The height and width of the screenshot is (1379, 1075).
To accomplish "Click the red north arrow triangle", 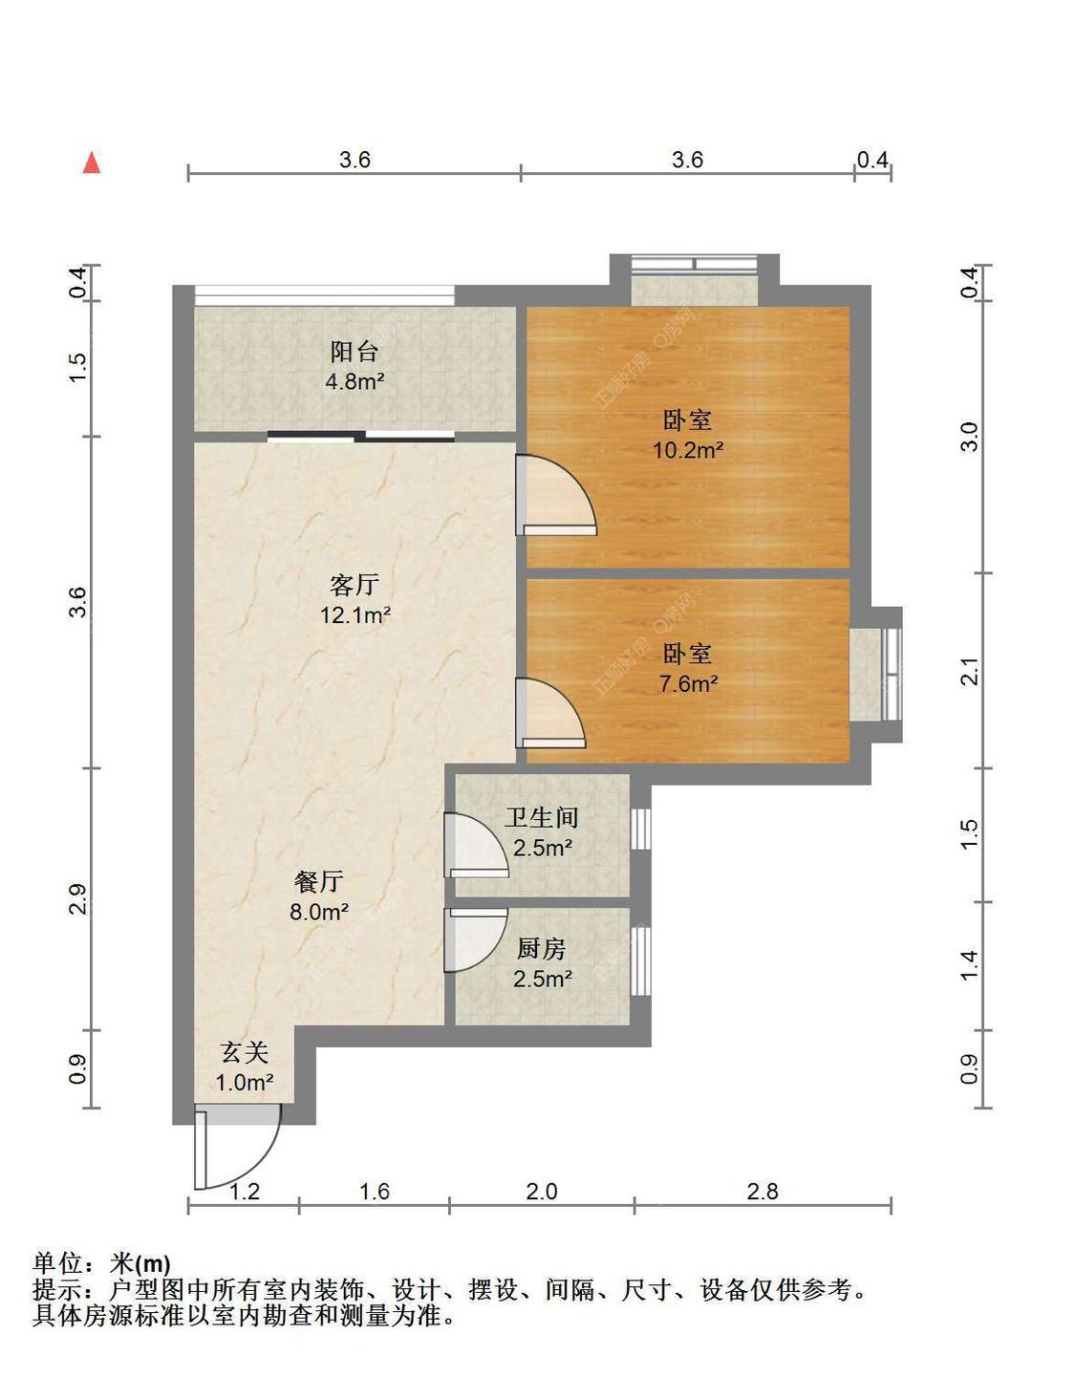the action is (x=92, y=162).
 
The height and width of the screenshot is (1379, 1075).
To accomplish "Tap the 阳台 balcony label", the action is (x=355, y=352).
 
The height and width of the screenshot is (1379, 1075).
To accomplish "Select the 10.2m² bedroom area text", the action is (x=689, y=450).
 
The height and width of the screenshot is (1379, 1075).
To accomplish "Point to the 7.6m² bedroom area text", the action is (x=689, y=684).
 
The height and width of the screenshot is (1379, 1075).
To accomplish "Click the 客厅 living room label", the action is (x=355, y=585).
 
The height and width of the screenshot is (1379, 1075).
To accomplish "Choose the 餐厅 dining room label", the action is (x=318, y=881).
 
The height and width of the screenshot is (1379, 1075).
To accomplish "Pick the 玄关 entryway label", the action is (x=245, y=1053).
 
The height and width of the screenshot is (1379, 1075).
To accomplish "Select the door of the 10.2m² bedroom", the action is (x=556, y=495).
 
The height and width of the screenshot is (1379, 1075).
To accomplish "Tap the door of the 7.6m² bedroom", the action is (x=549, y=713).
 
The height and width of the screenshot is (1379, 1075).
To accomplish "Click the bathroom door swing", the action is (x=476, y=845).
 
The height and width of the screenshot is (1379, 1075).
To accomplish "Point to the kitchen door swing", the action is (x=476, y=939).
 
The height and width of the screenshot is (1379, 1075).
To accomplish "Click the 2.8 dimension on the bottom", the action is (x=763, y=1192).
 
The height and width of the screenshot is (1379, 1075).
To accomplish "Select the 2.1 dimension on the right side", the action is (x=970, y=671).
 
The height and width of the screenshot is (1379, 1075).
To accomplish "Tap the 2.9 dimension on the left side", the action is (x=77, y=898).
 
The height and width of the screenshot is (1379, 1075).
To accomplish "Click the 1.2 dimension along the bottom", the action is (x=245, y=1192).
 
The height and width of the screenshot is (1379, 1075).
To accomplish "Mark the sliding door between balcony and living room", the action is (x=360, y=436).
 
